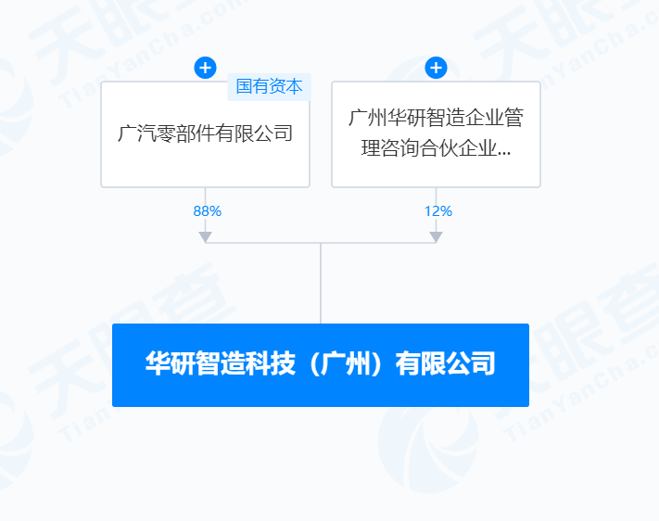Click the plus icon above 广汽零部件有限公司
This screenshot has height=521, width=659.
[x=205, y=68]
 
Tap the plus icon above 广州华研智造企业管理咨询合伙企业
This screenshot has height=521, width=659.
[x=436, y=68]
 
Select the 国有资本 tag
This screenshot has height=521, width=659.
[x=269, y=87]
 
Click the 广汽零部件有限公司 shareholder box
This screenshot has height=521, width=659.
[x=205, y=148]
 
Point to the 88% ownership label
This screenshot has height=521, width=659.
[x=207, y=210]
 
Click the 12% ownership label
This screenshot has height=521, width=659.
[x=437, y=210]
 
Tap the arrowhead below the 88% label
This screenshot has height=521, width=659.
[x=205, y=236]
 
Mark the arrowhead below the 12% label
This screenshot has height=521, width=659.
[x=436, y=236]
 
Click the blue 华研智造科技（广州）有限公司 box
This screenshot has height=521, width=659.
[x=321, y=364]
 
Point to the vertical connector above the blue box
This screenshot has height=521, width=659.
[x=321, y=283]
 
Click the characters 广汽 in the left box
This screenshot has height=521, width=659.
[x=134, y=133]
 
